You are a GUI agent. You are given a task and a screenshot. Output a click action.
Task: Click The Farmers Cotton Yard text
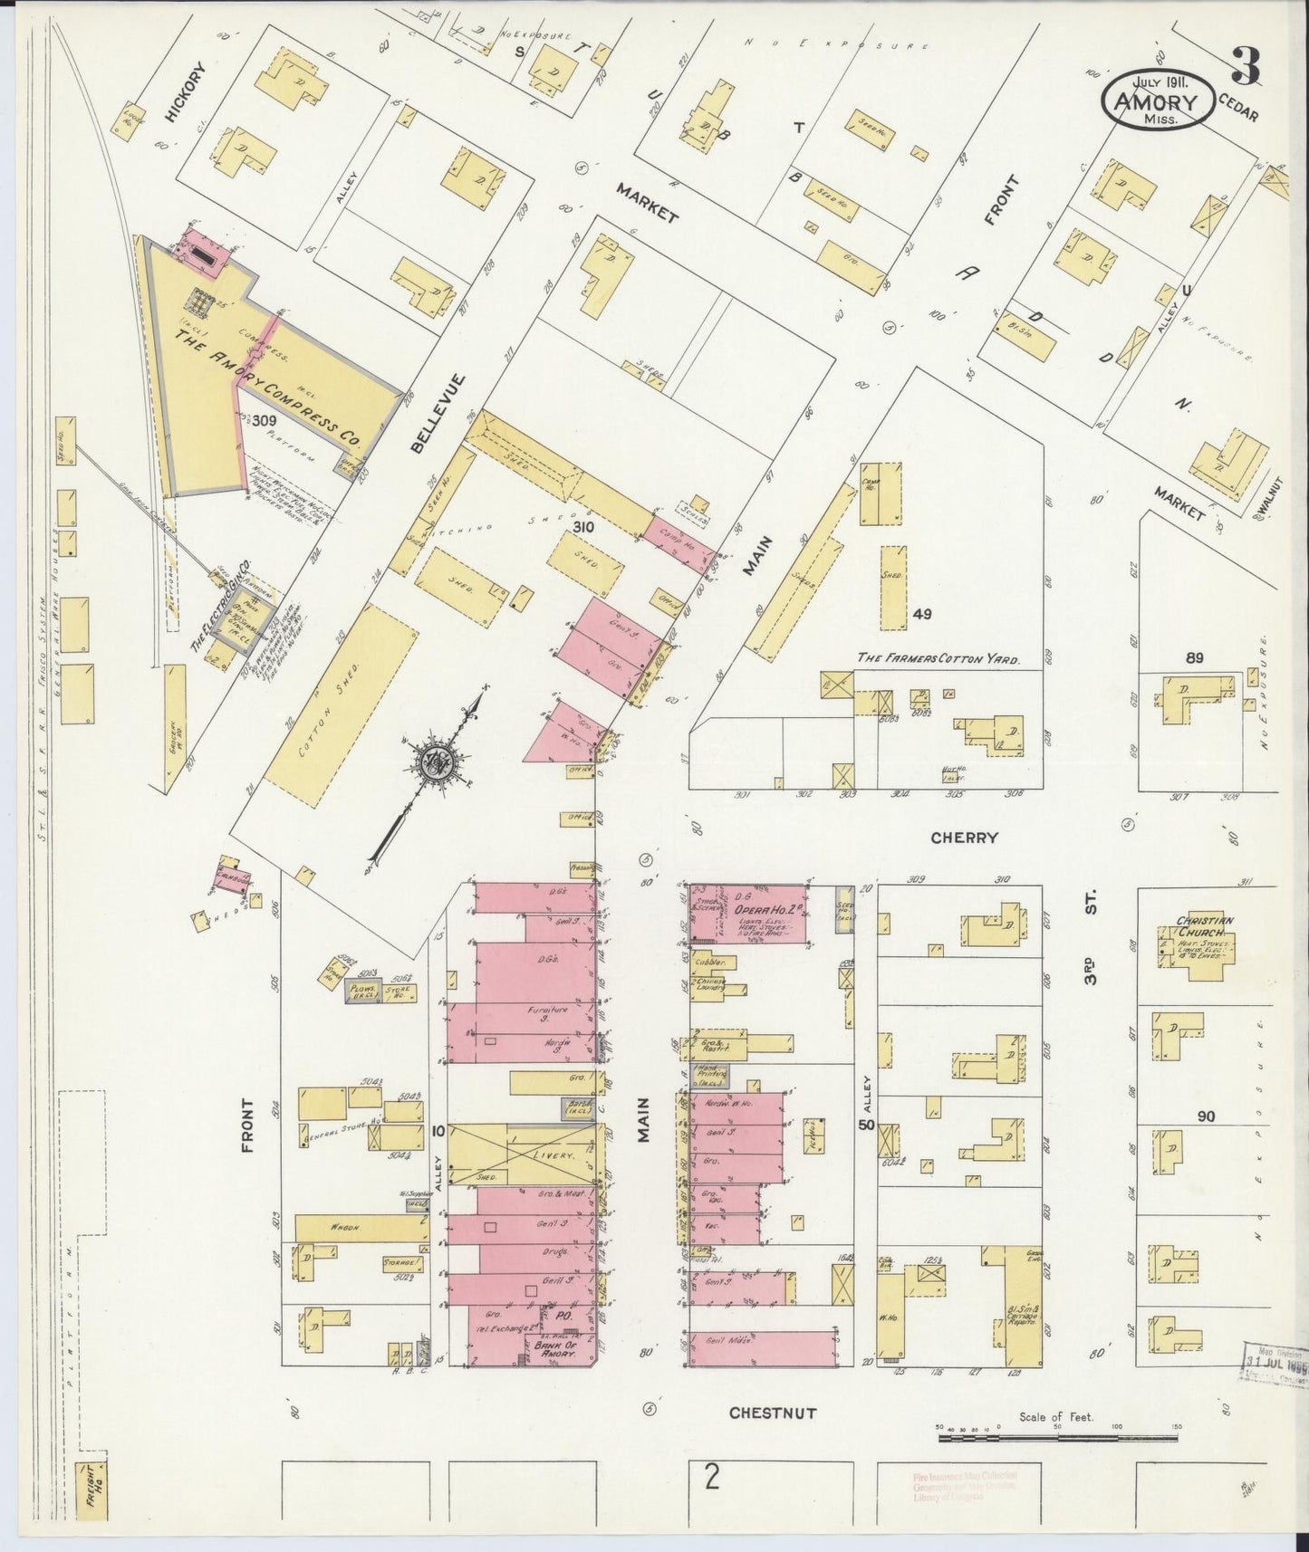pyautogui.click(x=938, y=659)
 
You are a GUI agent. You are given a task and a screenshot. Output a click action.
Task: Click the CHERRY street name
pyautogui.click(x=964, y=838)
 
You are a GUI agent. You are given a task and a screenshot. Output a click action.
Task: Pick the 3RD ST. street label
pyautogui.click(x=1092, y=938)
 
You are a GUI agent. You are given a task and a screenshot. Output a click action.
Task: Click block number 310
pyautogui.click(x=582, y=527)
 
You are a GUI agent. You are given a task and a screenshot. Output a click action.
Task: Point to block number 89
pyautogui.click(x=1194, y=657)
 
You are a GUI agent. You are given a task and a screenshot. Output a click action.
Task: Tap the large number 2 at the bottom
pyautogui.click(x=712, y=1479)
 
